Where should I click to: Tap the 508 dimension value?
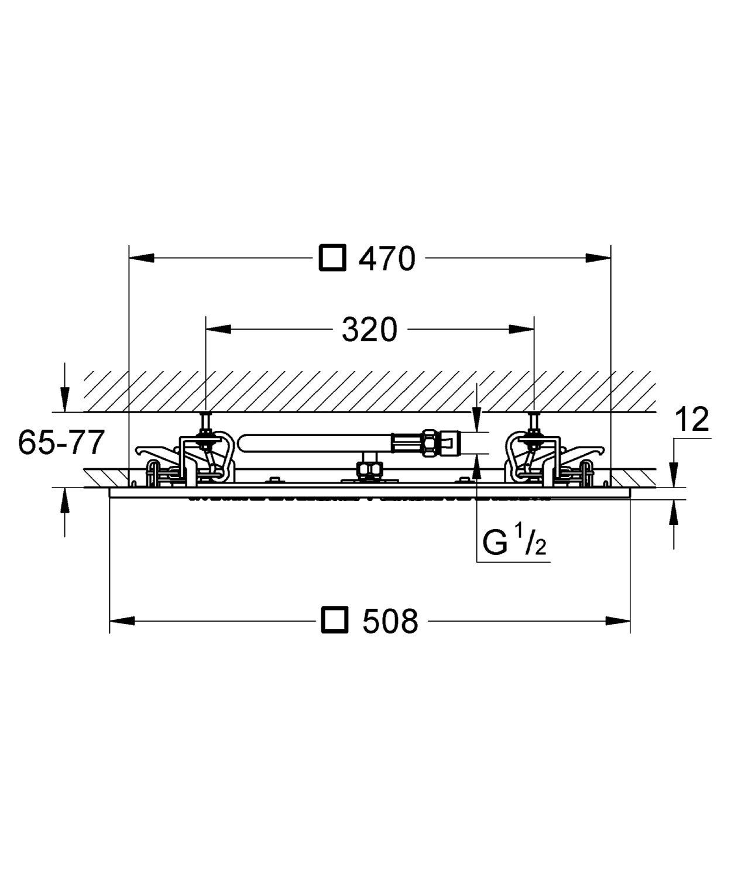(390, 620)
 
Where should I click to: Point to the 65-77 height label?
(61, 443)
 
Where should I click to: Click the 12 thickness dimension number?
(692, 420)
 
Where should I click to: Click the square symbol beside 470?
(332, 258)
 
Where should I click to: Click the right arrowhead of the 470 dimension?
(598, 258)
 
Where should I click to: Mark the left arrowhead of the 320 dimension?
(218, 329)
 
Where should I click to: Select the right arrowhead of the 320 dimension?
(521, 329)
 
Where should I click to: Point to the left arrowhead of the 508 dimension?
(122, 620)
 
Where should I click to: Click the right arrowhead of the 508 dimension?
(618, 620)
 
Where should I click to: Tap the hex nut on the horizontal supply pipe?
(430, 443)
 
